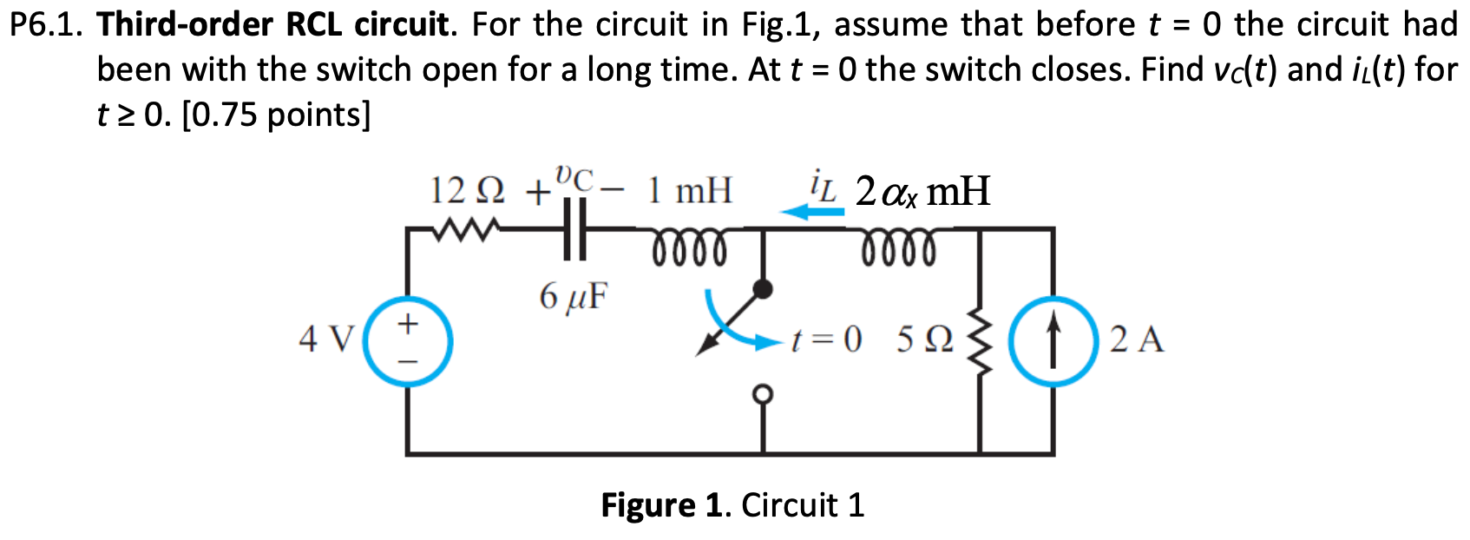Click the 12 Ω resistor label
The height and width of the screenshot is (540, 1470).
point(469,190)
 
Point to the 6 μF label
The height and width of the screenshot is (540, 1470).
point(574,297)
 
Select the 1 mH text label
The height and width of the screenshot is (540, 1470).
point(690,190)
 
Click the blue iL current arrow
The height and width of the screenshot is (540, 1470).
point(811,211)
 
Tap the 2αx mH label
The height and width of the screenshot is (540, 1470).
point(922,191)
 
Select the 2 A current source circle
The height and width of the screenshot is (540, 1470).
point(1053,340)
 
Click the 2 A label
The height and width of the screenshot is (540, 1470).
point(1137,339)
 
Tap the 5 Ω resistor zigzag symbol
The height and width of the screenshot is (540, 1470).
point(981,340)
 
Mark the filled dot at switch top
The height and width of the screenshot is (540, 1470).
point(763,289)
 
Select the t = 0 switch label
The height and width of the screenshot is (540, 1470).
point(825,339)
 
